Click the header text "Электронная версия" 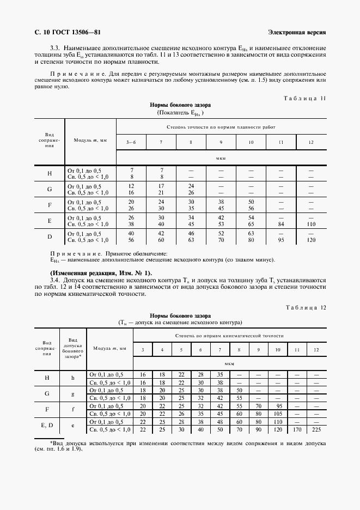[297, 32]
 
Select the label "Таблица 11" [305, 99]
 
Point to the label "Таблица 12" [305, 308]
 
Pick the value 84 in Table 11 [281, 223]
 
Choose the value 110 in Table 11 [311, 223]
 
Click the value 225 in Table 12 [316, 430]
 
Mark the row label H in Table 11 [50, 173]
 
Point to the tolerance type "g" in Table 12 [72, 394]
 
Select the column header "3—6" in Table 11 [131, 142]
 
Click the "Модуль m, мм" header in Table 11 [90, 140]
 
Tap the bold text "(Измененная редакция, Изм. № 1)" [101, 272]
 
